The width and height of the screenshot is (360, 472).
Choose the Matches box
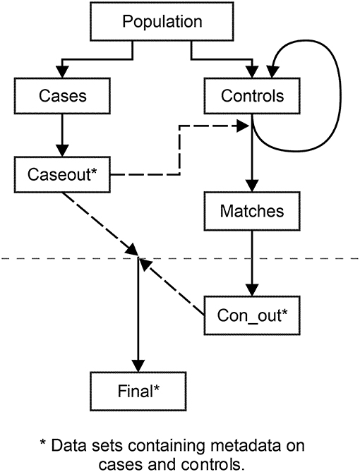click(252, 211)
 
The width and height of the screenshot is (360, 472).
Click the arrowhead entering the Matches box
click(252, 187)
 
